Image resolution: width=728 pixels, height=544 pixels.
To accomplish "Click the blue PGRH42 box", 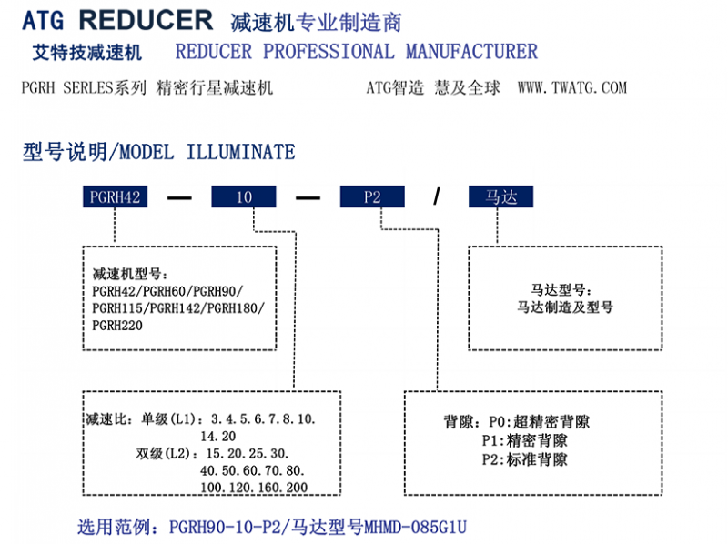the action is click(116, 196).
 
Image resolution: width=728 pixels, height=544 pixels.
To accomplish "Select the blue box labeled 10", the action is click(244, 196).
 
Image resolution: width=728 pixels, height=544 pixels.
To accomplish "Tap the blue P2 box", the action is click(372, 196).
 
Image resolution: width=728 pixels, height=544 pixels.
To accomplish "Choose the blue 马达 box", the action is click(501, 196).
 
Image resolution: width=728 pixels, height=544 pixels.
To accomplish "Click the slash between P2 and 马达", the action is click(437, 197).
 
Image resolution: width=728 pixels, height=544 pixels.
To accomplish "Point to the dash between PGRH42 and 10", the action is click(179, 198).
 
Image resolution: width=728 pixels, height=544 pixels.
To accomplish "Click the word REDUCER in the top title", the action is click(146, 20).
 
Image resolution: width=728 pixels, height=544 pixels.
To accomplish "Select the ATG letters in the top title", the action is click(43, 21).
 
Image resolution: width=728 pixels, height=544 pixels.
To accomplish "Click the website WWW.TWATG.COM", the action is click(572, 87).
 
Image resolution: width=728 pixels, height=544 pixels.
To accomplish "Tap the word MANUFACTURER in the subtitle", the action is click(471, 52).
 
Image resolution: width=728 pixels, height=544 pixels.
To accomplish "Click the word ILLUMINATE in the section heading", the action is click(240, 152).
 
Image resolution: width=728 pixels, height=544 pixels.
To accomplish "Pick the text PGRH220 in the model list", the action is click(117, 326).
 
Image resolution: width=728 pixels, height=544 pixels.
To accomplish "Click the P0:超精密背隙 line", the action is click(540, 421).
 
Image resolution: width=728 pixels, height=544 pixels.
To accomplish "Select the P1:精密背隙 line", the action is click(525, 440).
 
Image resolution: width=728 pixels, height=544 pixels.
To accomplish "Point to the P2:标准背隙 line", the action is click(525, 459).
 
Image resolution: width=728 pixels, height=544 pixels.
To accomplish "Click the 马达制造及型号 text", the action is click(565, 307).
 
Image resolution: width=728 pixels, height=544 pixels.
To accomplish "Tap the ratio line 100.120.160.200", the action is click(254, 488).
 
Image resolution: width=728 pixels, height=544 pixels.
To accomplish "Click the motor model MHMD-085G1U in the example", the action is click(415, 528).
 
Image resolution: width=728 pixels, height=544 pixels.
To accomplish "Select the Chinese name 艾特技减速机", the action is click(86, 53).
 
